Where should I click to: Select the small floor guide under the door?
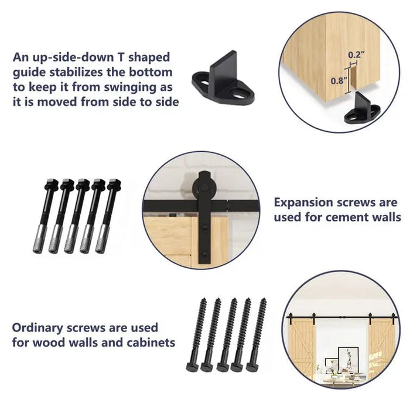click(358, 111)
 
